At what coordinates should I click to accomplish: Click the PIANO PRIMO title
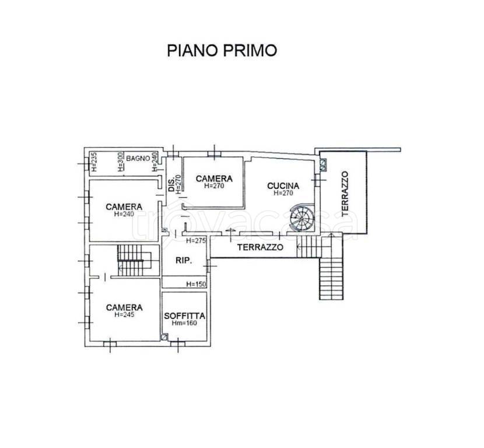(x=222, y=50)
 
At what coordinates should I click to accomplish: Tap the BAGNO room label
(x=138, y=159)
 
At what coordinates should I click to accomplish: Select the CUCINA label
(x=283, y=185)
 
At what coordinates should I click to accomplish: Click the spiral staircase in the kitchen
(x=303, y=217)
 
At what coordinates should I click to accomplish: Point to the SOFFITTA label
(x=185, y=316)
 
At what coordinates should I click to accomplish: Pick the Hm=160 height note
(x=184, y=323)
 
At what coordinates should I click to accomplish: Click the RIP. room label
(x=184, y=260)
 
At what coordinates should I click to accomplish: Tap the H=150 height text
(x=196, y=284)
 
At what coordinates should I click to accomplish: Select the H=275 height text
(x=196, y=240)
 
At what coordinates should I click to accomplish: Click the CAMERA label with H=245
(x=124, y=307)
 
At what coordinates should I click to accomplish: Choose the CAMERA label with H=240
(x=124, y=206)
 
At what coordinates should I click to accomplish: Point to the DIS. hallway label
(x=171, y=185)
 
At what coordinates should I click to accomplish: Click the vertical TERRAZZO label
(x=345, y=194)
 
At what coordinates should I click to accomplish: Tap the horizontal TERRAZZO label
(x=260, y=247)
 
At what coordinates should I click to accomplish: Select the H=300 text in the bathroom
(x=121, y=162)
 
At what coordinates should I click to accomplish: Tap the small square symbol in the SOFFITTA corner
(x=164, y=337)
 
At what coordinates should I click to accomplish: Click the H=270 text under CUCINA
(x=283, y=193)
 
